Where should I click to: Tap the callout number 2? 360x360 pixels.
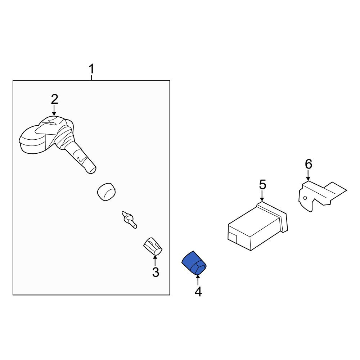point(54,99)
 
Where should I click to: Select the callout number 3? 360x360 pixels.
point(156,272)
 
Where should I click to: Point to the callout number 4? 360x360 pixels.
point(198,292)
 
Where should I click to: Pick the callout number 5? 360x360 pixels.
point(262,185)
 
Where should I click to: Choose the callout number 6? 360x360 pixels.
point(309,164)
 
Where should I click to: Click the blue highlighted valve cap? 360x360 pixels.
point(194,263)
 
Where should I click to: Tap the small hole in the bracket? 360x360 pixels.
point(305,198)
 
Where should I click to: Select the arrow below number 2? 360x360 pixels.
point(54,110)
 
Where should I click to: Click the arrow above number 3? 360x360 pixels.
point(155,260)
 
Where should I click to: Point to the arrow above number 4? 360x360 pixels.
point(198,280)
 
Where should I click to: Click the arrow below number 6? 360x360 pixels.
point(308,176)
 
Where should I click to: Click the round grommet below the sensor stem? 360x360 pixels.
point(106,192)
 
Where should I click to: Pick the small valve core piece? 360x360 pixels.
point(129,219)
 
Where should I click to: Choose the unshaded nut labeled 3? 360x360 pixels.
point(153,246)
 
